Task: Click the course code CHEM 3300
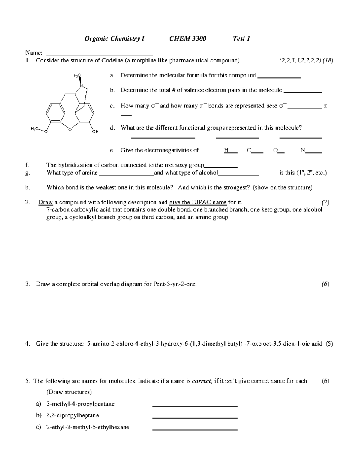point(188,38)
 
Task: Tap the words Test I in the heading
point(241,38)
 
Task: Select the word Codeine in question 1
point(112,60)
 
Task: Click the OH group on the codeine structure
point(95,131)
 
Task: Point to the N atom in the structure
point(81,86)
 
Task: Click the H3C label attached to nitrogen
point(77,76)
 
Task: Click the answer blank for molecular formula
point(279,77)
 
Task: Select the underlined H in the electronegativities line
point(226,150)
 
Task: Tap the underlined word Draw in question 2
point(46,202)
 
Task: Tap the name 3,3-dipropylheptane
point(73,416)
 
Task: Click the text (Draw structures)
point(69,392)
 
